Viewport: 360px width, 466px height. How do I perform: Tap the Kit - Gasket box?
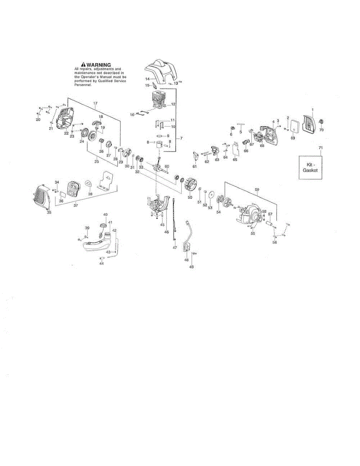[x=310, y=167]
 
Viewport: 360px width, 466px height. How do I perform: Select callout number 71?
[x=320, y=148]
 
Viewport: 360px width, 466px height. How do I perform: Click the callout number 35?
[x=49, y=212]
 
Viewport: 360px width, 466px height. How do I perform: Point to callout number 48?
[x=186, y=260]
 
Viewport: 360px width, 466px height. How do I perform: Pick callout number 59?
[x=257, y=190]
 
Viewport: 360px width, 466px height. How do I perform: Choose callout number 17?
[x=95, y=103]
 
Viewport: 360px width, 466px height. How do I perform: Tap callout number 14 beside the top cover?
[x=148, y=79]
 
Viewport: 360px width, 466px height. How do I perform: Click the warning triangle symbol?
[x=83, y=65]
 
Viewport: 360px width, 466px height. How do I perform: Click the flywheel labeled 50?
[x=191, y=184]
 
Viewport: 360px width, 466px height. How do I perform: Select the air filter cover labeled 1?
[x=310, y=122]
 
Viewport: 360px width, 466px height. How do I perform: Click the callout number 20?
[x=38, y=120]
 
